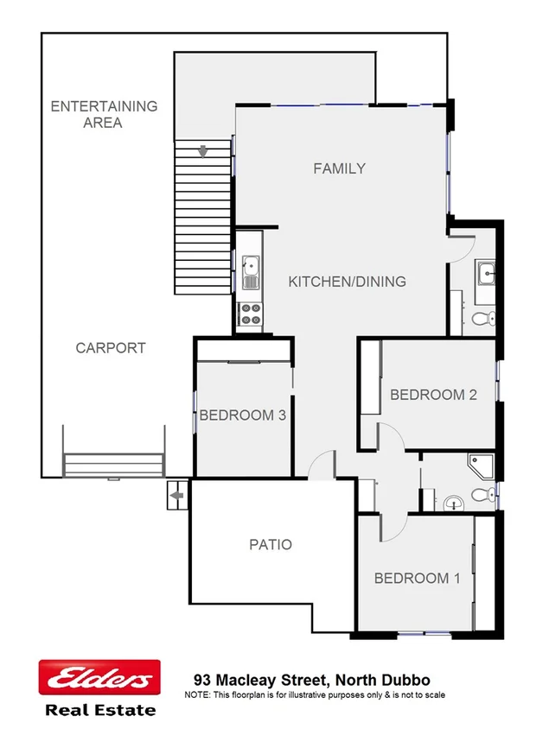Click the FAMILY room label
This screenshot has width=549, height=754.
339,168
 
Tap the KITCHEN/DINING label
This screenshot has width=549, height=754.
347,282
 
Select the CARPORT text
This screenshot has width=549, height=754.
111,348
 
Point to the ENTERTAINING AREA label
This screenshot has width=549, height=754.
104,114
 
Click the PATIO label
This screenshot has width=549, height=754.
271,545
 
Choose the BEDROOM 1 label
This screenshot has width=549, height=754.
417,579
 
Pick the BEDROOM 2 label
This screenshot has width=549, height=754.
433,395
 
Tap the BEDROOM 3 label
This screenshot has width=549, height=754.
242,415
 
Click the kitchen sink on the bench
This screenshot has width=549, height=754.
250,272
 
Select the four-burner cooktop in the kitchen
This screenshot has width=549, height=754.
250,314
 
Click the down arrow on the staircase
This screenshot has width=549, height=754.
204,152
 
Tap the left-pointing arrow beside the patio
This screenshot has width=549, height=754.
176,496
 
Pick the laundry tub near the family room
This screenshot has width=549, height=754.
485,274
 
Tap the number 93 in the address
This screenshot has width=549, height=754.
203,680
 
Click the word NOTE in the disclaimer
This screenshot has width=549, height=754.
197,694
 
